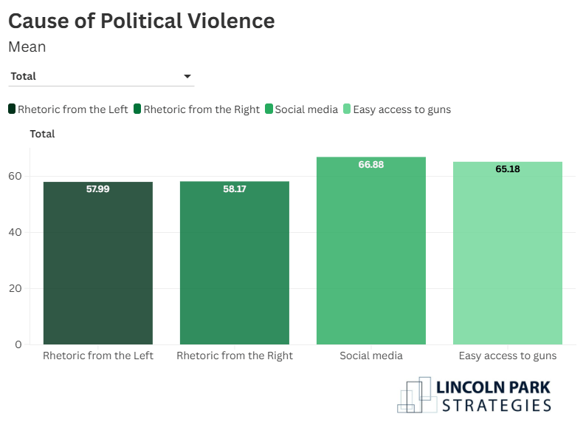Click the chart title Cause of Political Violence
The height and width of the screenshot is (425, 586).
[x=141, y=21]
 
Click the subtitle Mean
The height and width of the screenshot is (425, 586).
[x=27, y=47]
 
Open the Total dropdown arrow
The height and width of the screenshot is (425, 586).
[x=187, y=76]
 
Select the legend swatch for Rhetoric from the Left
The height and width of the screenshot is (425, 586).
[x=12, y=109]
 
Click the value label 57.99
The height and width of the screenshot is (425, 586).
[x=98, y=189]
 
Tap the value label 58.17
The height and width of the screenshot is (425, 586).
[x=235, y=189]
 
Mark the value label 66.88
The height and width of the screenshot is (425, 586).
[x=371, y=165]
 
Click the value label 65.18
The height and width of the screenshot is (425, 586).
[x=508, y=169]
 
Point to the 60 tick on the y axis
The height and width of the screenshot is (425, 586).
[x=15, y=176]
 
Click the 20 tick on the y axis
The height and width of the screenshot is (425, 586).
[x=15, y=288]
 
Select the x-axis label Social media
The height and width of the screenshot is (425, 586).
[x=371, y=356]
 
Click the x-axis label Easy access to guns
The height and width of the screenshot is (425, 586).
[x=508, y=356]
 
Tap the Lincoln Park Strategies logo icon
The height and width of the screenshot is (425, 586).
[x=416, y=395]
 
